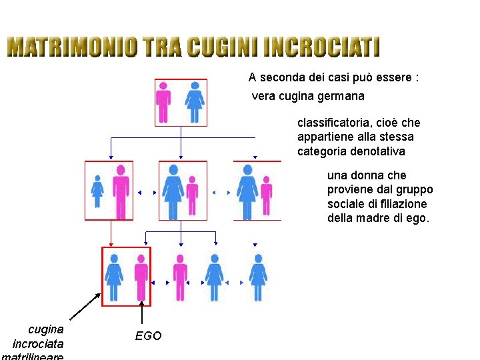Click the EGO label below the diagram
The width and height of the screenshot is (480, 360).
pos(148,336)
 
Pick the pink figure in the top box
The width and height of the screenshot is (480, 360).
pos(163,103)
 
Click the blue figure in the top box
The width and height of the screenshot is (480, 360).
pos(194,103)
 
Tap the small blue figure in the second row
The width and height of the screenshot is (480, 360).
pos(97,191)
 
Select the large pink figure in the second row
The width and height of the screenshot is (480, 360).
pos(121,191)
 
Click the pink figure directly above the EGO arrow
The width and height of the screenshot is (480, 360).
pos(141,277)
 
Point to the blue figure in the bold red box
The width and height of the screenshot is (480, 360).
pos(113,277)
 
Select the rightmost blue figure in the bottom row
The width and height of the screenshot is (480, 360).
pos(257,277)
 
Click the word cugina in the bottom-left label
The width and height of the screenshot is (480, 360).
pos(46,329)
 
